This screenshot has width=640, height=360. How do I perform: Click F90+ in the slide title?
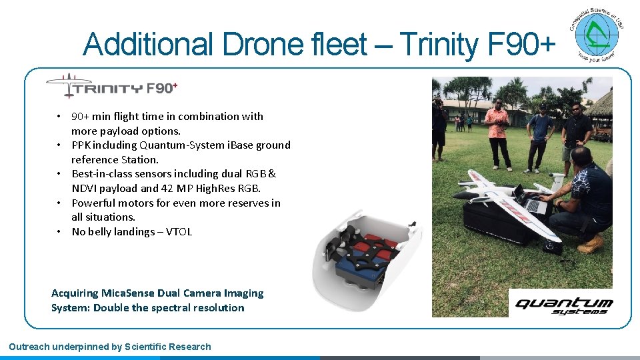[521, 45]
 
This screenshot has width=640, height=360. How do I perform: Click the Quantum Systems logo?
[564, 305]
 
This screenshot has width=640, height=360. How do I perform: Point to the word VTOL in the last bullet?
[179, 232]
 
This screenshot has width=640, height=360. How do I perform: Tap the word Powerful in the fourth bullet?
[93, 203]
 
